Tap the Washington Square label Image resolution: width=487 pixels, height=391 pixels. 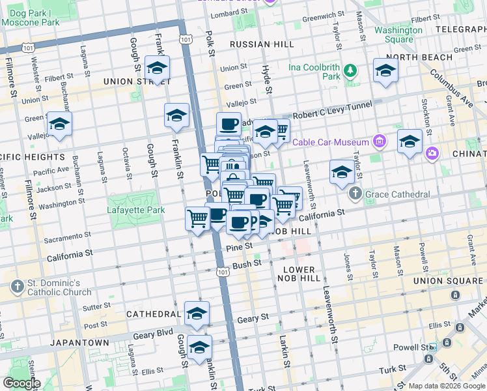(x=398, y=35)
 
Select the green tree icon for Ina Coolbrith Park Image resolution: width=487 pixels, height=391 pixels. (x=351, y=70)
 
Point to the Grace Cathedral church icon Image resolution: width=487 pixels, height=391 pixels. (x=355, y=194)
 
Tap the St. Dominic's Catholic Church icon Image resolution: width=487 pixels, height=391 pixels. (x=18, y=287)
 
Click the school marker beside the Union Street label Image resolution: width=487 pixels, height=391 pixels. (x=157, y=69)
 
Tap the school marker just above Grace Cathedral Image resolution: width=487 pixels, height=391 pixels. (x=341, y=173)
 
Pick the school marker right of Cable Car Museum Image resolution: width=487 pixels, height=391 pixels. (x=410, y=141)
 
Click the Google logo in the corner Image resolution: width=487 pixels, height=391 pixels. (x=21, y=383)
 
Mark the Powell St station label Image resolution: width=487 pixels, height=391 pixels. (x=417, y=347)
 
